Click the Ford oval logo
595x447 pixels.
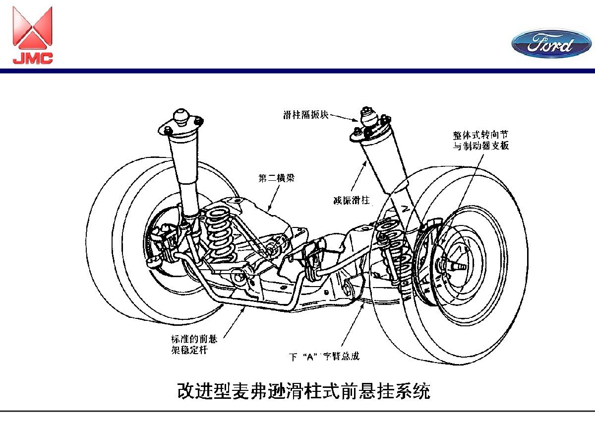coord(551,44)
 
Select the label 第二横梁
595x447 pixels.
coord(276,178)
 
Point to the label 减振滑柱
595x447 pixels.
coord(352,201)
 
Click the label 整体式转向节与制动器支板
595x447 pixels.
coord(481,140)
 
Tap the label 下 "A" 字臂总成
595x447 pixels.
coord(324,356)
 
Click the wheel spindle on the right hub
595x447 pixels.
coord(459,265)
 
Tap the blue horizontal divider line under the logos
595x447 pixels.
coord(297,71)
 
